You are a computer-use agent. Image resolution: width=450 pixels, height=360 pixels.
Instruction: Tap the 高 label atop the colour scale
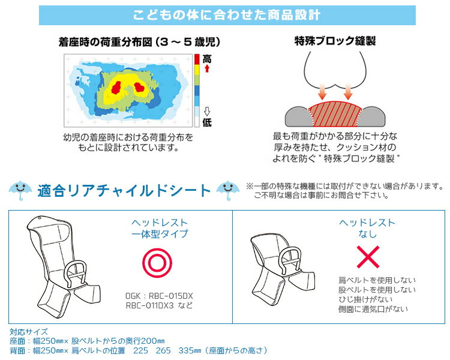pyautogui.click(x=206, y=59)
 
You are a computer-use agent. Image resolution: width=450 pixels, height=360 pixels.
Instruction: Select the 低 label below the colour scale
pyautogui.click(x=206, y=122)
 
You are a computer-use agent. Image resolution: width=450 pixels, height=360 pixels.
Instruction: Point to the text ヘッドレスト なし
pyautogui.click(x=367, y=228)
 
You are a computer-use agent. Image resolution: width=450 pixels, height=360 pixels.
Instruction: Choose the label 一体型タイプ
pyautogui.click(x=160, y=234)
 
